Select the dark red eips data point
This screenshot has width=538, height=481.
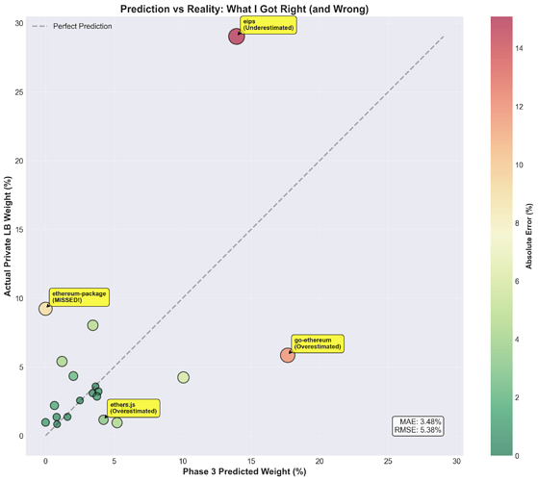click(x=237, y=37)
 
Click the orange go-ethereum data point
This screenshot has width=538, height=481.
click(x=287, y=355)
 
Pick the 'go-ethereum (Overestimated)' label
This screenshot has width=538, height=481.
click(x=317, y=343)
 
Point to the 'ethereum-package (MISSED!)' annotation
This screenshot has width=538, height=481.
click(x=79, y=296)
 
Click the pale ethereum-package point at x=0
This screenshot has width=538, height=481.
click(x=45, y=309)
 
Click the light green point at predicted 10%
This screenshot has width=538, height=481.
click(x=183, y=377)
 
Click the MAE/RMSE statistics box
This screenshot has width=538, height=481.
click(x=419, y=426)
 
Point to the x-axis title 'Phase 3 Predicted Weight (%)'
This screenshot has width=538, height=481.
click(x=244, y=471)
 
